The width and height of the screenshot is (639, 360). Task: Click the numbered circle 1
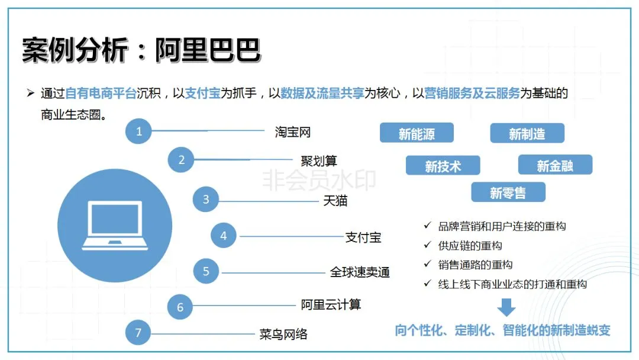[x=140, y=131]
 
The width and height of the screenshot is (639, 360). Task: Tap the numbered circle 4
[x=224, y=236]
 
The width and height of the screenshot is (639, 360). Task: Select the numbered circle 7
[x=138, y=332]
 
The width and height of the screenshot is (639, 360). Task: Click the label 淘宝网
[x=293, y=131]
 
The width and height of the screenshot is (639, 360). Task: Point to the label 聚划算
[x=319, y=160]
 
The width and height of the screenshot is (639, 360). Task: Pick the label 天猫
[x=335, y=201]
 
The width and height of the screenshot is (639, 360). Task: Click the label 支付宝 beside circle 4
[x=363, y=237]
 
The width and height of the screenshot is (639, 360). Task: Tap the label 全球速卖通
[x=360, y=272]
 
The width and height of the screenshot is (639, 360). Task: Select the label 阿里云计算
[x=331, y=305]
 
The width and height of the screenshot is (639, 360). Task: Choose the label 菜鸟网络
[x=283, y=334]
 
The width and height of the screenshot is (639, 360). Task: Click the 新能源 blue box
[x=417, y=134]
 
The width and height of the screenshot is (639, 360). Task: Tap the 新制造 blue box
[x=527, y=134]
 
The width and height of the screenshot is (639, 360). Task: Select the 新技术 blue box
[x=443, y=166]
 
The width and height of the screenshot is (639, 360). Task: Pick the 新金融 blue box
[x=555, y=166]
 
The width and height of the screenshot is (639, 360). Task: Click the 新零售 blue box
[x=508, y=192]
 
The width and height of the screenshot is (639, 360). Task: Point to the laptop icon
[x=115, y=226]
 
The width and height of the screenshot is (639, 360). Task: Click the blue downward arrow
[x=506, y=307]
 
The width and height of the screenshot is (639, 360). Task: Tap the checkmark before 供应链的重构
[x=427, y=245]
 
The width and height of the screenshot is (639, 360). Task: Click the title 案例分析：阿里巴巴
[x=141, y=50]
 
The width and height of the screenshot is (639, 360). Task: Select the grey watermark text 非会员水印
[x=319, y=180]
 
